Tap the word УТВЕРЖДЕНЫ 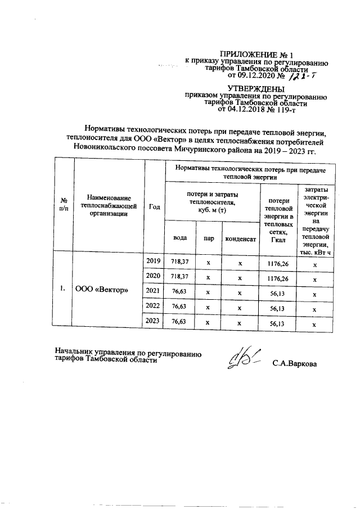(256, 88)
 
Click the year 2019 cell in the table (153, 261)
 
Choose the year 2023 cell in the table (153, 321)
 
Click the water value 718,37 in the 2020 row (179, 277)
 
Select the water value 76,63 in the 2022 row (179, 307)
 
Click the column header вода (179, 238)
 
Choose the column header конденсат (241, 238)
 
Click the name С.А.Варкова (294, 364)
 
